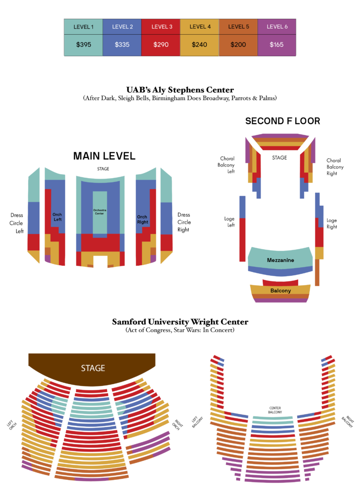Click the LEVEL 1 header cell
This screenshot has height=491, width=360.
tap(83, 27)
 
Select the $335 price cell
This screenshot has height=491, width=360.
tap(122, 45)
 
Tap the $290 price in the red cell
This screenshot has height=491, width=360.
tap(161, 45)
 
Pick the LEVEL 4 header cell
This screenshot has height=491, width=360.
tap(200, 27)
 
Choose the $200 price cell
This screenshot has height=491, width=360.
tap(238, 45)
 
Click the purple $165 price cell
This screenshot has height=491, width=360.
tap(277, 45)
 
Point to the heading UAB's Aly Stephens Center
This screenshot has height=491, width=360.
tap(180, 90)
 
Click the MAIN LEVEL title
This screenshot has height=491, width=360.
tap(104, 156)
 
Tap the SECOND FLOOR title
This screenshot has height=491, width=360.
tap(283, 121)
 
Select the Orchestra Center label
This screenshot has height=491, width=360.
tap(99, 212)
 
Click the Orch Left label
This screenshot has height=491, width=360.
tap(57, 217)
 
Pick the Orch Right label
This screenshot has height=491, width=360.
tap(142, 219)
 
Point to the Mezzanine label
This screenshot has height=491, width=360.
tap(280, 260)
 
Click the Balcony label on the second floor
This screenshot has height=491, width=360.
tap(280, 291)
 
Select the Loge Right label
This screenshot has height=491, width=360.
tap(332, 224)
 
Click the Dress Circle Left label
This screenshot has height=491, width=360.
tap(16, 223)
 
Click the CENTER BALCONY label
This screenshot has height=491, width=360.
tap(275, 410)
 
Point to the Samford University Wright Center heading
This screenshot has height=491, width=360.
tap(180, 322)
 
